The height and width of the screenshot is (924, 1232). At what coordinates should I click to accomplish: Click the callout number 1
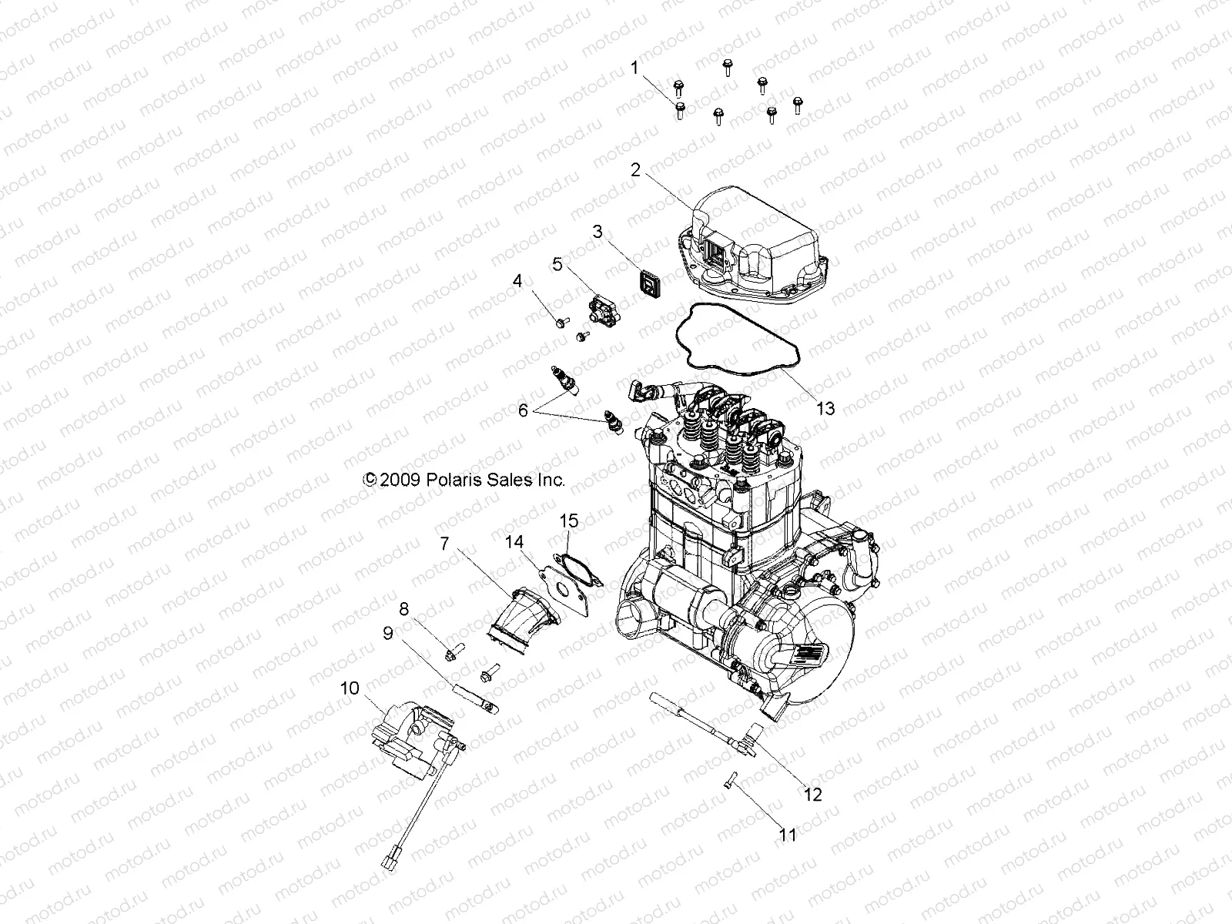(x=634, y=68)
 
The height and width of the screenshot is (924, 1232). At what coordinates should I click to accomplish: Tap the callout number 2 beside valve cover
(x=635, y=170)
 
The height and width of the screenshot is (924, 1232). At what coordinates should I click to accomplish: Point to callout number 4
(x=517, y=281)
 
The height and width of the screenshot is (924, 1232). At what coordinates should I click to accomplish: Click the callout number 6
(x=523, y=410)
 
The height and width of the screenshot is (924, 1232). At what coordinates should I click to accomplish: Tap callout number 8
(x=403, y=608)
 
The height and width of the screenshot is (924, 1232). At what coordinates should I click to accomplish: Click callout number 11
(x=787, y=834)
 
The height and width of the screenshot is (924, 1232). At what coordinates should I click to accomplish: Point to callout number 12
(x=813, y=794)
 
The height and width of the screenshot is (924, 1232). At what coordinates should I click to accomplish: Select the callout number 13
(x=825, y=408)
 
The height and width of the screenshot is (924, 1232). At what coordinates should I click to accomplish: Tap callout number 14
(x=514, y=542)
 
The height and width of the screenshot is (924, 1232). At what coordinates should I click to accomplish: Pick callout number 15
(x=568, y=521)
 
